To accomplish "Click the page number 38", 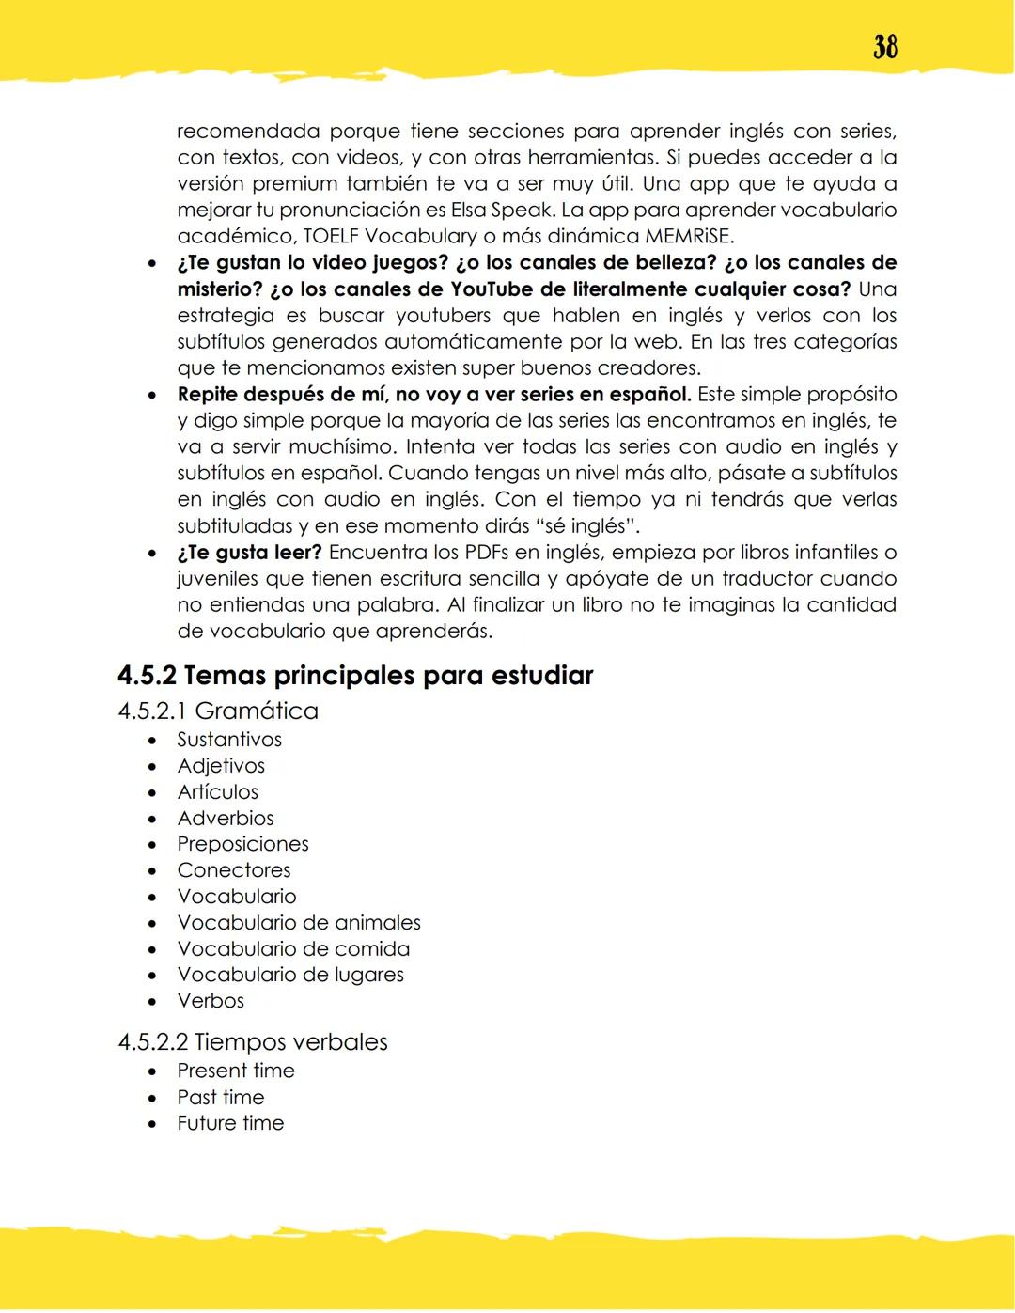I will tap(884, 47).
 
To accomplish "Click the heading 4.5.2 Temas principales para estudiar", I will tap(355, 676).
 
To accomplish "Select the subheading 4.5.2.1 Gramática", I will tap(218, 711).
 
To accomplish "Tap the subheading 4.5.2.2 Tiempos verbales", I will tap(253, 1042).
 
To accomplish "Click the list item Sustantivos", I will tap(229, 740).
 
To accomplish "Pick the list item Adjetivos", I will tap(221, 766).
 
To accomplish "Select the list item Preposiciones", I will tap(242, 844).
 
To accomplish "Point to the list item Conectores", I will tap(234, 870).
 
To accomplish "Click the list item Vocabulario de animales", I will tap(299, 923).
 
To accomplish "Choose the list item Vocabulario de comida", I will tap(293, 949).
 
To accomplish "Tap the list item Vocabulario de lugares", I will tap(290, 975).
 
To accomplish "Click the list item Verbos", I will tap(211, 1001).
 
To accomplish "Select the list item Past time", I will tap(221, 1098).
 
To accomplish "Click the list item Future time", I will tap(230, 1123).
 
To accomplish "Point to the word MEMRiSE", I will tap(689, 237).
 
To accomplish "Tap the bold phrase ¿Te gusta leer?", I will tap(249, 553).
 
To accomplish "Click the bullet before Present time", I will tap(152, 1071).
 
